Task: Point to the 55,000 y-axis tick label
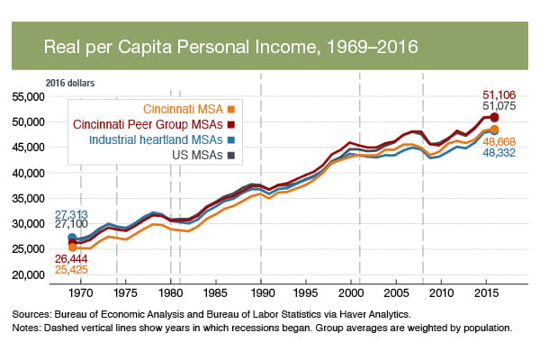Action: pos(31,96)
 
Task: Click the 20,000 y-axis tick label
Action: pos(31,275)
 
